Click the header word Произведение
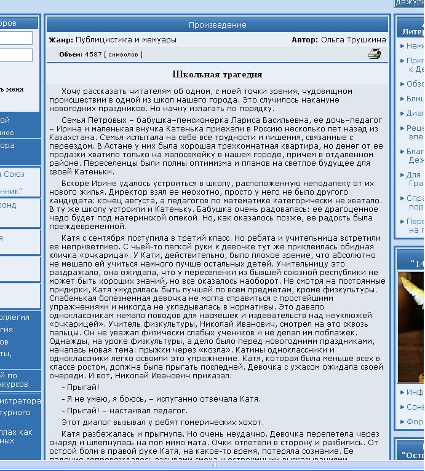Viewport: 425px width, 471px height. (x=217, y=25)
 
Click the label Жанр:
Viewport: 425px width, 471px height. (x=61, y=40)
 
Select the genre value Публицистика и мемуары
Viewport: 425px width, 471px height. (x=125, y=40)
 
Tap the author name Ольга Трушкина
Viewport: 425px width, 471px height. (x=353, y=40)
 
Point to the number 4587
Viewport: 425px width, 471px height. (x=93, y=55)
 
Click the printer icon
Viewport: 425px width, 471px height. (x=374, y=54)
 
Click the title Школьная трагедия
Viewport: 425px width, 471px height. (x=217, y=75)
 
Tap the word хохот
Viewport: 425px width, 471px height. (x=250, y=422)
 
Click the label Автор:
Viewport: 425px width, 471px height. (x=304, y=40)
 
